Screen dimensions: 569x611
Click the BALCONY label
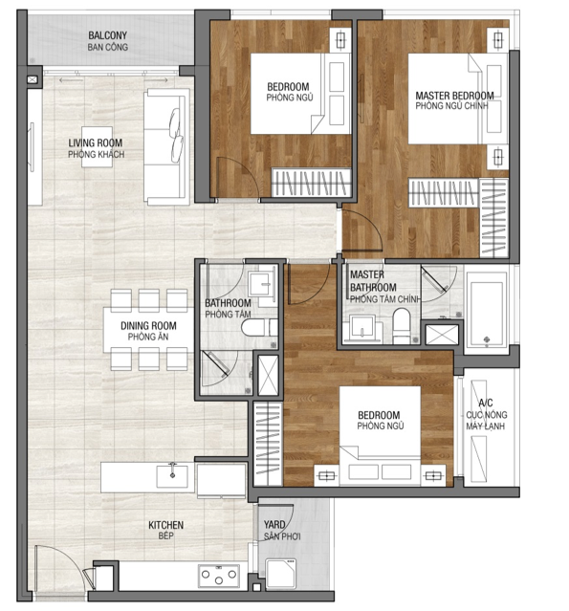click(x=107, y=35)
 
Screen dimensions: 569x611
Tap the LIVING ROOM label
click(x=96, y=143)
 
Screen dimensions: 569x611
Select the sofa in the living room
click(x=166, y=146)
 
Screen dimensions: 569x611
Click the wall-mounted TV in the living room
click(x=32, y=146)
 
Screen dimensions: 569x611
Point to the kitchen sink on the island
click(x=172, y=476)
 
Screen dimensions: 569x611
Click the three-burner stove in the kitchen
click(x=219, y=576)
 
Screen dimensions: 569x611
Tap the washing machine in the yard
click(x=280, y=573)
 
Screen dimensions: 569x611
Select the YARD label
click(x=274, y=525)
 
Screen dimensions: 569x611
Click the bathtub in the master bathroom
click(x=487, y=309)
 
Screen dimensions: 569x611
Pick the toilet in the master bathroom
click(x=402, y=326)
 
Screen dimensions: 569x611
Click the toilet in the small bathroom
click(x=259, y=327)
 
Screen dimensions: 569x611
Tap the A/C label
click(x=486, y=403)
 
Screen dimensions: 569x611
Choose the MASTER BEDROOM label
click(x=454, y=96)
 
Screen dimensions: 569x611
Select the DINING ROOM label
click(x=148, y=326)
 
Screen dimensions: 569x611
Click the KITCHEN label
click(x=165, y=525)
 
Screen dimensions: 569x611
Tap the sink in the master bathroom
click(x=362, y=327)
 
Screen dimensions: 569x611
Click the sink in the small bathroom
click(x=259, y=284)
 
